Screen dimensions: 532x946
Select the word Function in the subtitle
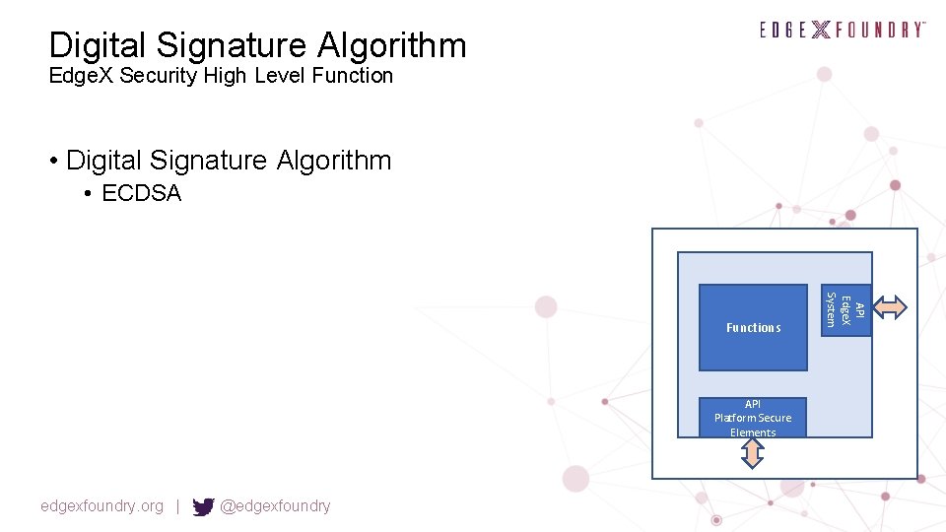point(353,76)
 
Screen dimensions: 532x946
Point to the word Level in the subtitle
point(279,76)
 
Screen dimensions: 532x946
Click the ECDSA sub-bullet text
point(142,193)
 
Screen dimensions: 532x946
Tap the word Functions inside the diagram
point(753,328)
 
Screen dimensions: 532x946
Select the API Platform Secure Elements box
point(753,418)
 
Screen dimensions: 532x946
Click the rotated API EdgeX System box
point(845,308)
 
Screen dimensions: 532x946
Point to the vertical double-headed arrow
point(752,453)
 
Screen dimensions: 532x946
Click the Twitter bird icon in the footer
point(203,506)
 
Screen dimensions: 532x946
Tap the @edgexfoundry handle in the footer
point(275,506)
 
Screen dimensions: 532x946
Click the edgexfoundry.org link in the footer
point(101,506)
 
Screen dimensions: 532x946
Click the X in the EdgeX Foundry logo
point(820,30)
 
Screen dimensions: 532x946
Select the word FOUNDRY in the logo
point(880,30)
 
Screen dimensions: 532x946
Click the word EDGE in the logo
point(783,30)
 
